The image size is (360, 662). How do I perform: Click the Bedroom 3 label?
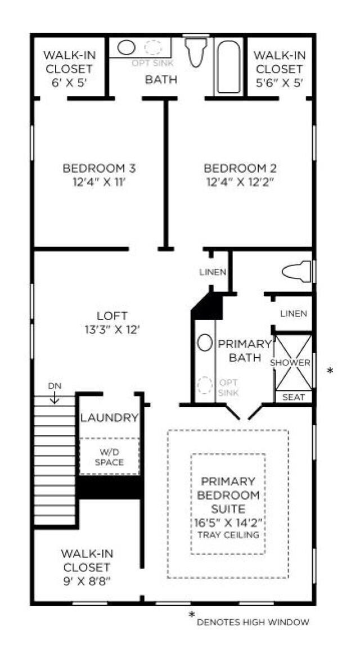point(99,168)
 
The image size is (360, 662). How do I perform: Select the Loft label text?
point(112,316)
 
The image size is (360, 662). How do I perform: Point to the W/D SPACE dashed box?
point(109,457)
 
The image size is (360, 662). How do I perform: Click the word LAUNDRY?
point(109,418)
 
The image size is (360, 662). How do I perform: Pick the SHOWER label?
point(290,363)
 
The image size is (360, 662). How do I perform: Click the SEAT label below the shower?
point(293,397)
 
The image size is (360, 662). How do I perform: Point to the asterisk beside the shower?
point(330,371)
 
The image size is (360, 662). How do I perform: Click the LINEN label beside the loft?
point(213,272)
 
